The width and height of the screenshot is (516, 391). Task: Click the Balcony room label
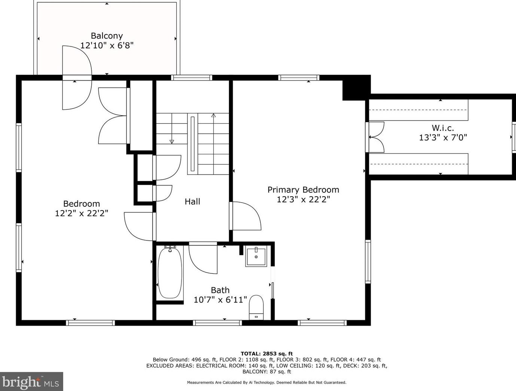click(107, 36)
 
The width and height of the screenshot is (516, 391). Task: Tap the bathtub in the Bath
click(170, 273)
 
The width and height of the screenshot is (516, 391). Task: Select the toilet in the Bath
click(256, 307)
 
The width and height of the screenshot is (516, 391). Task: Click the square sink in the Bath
click(256, 256)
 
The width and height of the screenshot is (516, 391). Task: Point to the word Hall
click(192, 201)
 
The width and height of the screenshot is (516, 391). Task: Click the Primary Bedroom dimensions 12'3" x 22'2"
click(303, 200)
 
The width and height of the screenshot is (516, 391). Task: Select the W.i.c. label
click(443, 128)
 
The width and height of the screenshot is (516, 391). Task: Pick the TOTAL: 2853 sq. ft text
click(267, 354)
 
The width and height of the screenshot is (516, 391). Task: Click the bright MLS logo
click(31, 381)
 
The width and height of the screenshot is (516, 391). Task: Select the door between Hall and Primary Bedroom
click(245, 216)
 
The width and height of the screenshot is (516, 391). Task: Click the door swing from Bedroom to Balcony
click(77, 78)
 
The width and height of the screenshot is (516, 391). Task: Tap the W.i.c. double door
click(375, 137)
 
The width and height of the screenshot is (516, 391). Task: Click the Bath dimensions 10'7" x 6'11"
click(220, 300)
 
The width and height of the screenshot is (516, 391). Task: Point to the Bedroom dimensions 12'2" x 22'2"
click(81, 213)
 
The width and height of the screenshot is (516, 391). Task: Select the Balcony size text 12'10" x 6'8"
click(107, 45)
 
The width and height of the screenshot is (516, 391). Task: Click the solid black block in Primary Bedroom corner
click(356, 88)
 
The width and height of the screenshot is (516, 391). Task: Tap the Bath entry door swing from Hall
click(203, 258)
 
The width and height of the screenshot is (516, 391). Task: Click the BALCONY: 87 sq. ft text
click(266, 372)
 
